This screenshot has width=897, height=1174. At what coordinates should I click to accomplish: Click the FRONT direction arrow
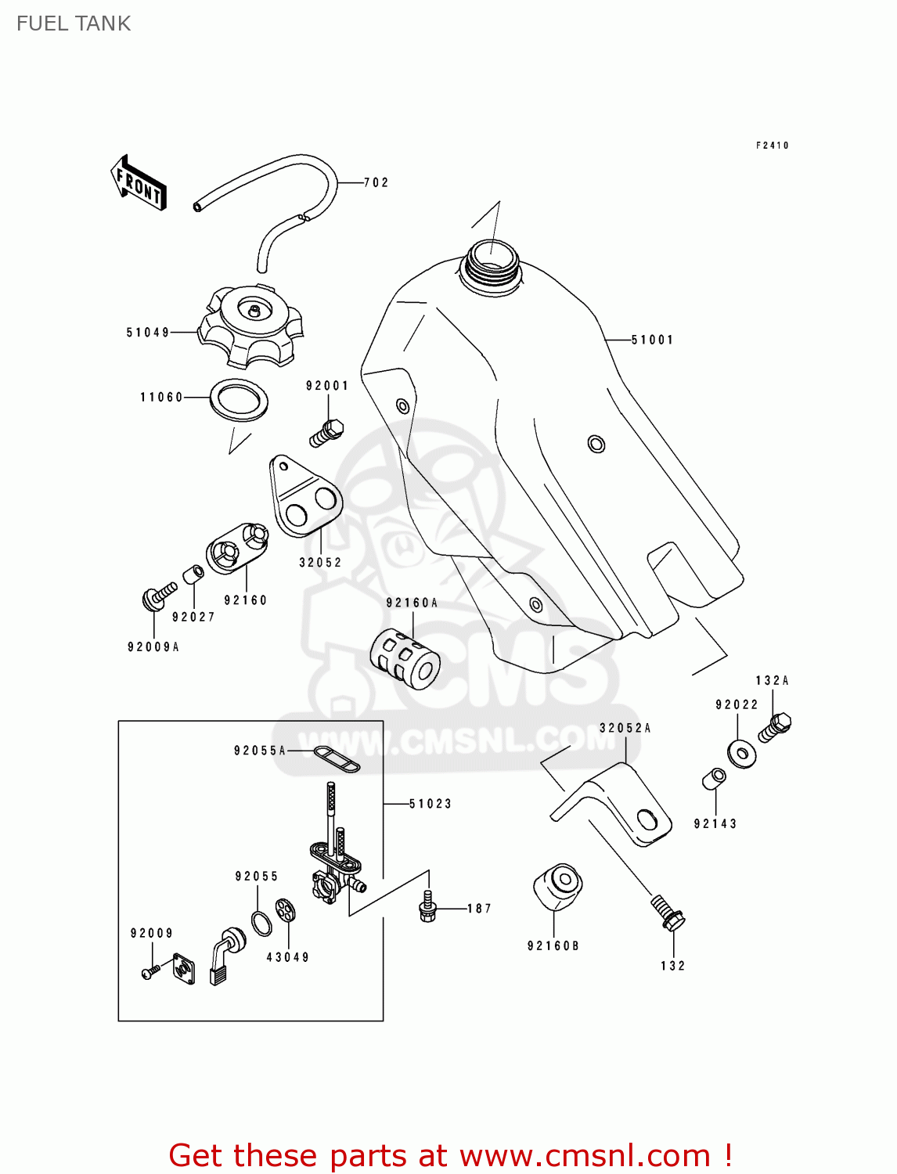(x=139, y=183)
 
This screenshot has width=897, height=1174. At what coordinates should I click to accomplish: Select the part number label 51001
(x=652, y=340)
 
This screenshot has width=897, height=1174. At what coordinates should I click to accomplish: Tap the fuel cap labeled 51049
(x=250, y=326)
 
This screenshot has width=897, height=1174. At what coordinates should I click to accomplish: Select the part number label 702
(x=376, y=182)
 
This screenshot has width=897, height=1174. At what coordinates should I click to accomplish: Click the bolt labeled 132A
(x=776, y=726)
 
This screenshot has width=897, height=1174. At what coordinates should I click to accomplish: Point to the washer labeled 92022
(x=741, y=754)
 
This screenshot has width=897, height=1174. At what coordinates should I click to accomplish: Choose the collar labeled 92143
(x=714, y=780)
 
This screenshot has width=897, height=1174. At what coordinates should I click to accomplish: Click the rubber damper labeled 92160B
(x=557, y=887)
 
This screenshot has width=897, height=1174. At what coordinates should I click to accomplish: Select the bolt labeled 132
(x=667, y=913)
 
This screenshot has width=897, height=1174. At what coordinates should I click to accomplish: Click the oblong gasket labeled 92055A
(x=337, y=759)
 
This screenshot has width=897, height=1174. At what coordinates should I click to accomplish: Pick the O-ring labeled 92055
(x=262, y=924)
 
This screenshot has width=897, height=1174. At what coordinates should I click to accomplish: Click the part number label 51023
(x=430, y=804)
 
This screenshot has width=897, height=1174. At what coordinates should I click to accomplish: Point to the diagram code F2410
(x=772, y=146)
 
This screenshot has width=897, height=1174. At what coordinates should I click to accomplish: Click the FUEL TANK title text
(x=74, y=23)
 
